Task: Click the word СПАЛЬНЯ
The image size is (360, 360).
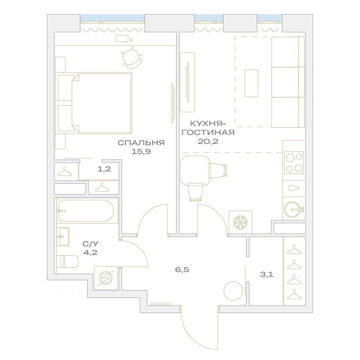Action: point(141,143)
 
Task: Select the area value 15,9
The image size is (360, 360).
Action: point(141,152)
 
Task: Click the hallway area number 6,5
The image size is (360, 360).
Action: point(182,270)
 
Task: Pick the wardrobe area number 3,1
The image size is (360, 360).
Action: point(266,274)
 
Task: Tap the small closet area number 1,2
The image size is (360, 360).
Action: point(104,169)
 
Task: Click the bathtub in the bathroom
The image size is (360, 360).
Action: point(86,211)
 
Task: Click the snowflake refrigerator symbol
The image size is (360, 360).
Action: point(240,222)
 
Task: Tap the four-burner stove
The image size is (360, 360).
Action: point(294,163)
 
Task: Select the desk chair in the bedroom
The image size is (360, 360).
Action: point(131,58)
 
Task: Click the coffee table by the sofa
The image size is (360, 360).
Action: point(251,84)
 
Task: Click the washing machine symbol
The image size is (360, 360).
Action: point(106,278)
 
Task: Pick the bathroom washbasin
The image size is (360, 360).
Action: point(63,237)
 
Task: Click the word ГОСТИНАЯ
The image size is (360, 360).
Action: point(208,132)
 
